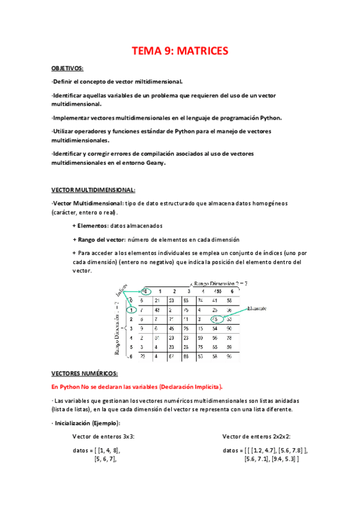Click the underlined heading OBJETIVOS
tap(68, 68)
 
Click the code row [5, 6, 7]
tap(105, 459)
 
